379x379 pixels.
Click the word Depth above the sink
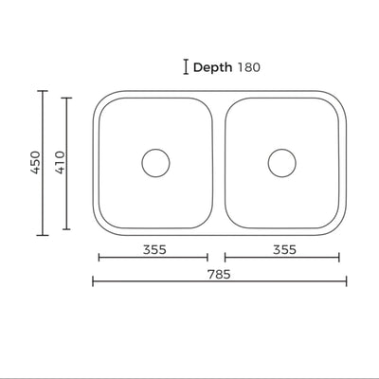click(x=214, y=67)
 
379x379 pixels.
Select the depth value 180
click(x=249, y=67)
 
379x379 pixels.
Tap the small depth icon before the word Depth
click(x=185, y=66)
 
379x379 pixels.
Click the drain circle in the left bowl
click(x=154, y=162)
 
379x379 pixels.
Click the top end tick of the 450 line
click(x=42, y=90)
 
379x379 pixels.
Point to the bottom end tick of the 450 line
click(x=42, y=235)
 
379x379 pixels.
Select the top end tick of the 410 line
click(x=66, y=97)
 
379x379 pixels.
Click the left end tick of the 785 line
click(x=93, y=280)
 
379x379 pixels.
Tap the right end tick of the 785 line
click(x=347, y=280)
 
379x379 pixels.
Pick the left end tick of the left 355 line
click(x=99, y=257)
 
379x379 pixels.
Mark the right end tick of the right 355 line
click(x=339, y=257)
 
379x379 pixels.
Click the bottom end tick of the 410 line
click(x=66, y=229)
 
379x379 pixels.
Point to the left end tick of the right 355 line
click(x=225, y=257)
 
